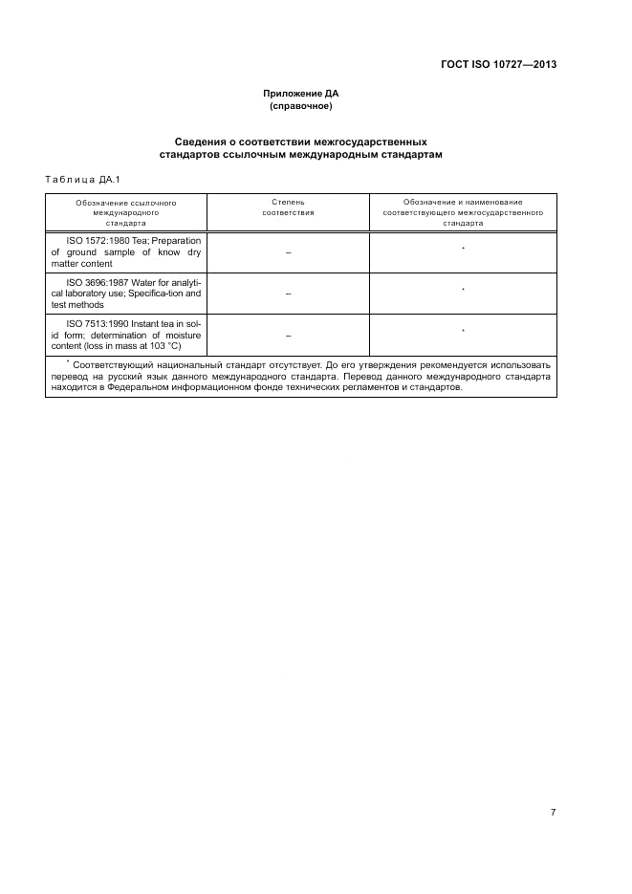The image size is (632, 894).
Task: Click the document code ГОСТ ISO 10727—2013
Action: coord(498,65)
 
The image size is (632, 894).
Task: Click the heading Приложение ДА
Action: coord(301,94)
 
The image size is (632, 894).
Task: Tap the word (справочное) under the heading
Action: coord(301,106)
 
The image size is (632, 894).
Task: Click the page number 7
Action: coord(553,812)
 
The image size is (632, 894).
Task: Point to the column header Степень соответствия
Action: coord(288,207)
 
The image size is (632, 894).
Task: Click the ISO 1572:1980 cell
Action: coord(126,251)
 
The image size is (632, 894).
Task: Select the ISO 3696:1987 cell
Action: coord(126,293)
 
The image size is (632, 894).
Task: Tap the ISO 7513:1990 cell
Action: coord(126,335)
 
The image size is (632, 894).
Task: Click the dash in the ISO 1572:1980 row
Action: coord(288,252)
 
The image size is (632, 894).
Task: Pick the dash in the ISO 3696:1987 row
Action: coord(288,294)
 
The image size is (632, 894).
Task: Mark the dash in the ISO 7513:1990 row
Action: coord(288,336)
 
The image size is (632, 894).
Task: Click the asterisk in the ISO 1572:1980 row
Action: coord(463,249)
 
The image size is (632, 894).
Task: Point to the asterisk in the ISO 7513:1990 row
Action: coord(463,331)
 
